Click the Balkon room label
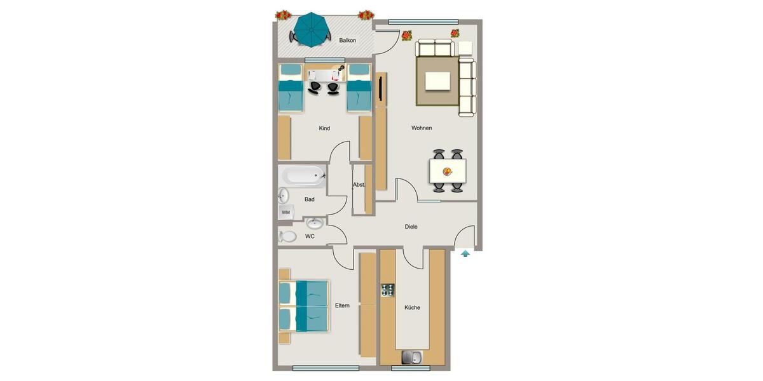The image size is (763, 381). pyautogui.click(x=347, y=41)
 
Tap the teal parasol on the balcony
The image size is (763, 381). pyautogui.click(x=311, y=29)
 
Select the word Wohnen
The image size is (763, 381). pyautogui.click(x=422, y=128)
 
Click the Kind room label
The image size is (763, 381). pyautogui.click(x=324, y=128)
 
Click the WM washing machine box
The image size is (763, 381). pyautogui.click(x=285, y=212)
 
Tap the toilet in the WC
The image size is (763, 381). pyautogui.click(x=287, y=236)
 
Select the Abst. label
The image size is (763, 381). pyautogui.click(x=359, y=185)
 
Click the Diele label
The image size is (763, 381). pyautogui.click(x=411, y=227)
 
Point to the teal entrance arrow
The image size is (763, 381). pyautogui.click(x=465, y=254)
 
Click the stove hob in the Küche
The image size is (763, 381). pyautogui.click(x=388, y=290)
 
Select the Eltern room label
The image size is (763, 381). pyautogui.click(x=343, y=306)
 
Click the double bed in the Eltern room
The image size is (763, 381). pyautogui.click(x=304, y=306)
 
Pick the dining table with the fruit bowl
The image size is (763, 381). pyautogui.click(x=448, y=170)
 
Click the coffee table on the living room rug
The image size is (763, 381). pyautogui.click(x=438, y=81)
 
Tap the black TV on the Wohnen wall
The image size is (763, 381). pyautogui.click(x=380, y=88)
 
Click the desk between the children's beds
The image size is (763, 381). pyautogui.click(x=324, y=74)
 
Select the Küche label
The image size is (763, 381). pyautogui.click(x=412, y=308)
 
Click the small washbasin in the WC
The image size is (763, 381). pyautogui.click(x=315, y=223)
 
